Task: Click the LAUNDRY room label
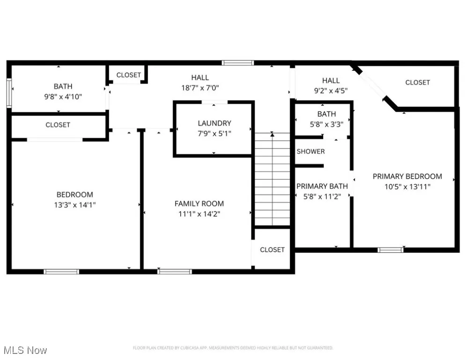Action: click(214, 123)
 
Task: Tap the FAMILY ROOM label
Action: click(199, 203)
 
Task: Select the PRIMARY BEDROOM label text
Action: click(407, 176)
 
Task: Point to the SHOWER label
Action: click(311, 151)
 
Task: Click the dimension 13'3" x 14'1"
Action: click(75, 205)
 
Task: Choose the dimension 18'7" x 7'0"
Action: click(200, 87)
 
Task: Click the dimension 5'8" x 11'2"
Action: click(322, 196)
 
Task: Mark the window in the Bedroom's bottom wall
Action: click(61, 271)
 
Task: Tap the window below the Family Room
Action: click(174, 271)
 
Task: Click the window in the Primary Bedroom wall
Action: click(391, 250)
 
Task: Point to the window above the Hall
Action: click(238, 63)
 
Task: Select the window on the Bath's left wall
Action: click(9, 92)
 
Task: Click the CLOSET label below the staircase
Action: click(272, 250)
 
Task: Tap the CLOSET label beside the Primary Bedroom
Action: click(417, 82)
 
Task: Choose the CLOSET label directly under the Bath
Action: click(58, 125)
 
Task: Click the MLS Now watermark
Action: click(25, 350)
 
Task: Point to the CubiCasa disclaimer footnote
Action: click(233, 348)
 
